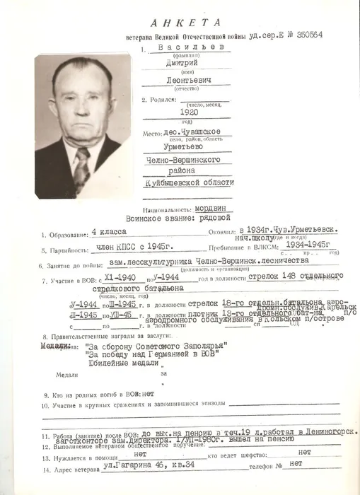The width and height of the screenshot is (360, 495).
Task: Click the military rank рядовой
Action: point(215,220)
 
